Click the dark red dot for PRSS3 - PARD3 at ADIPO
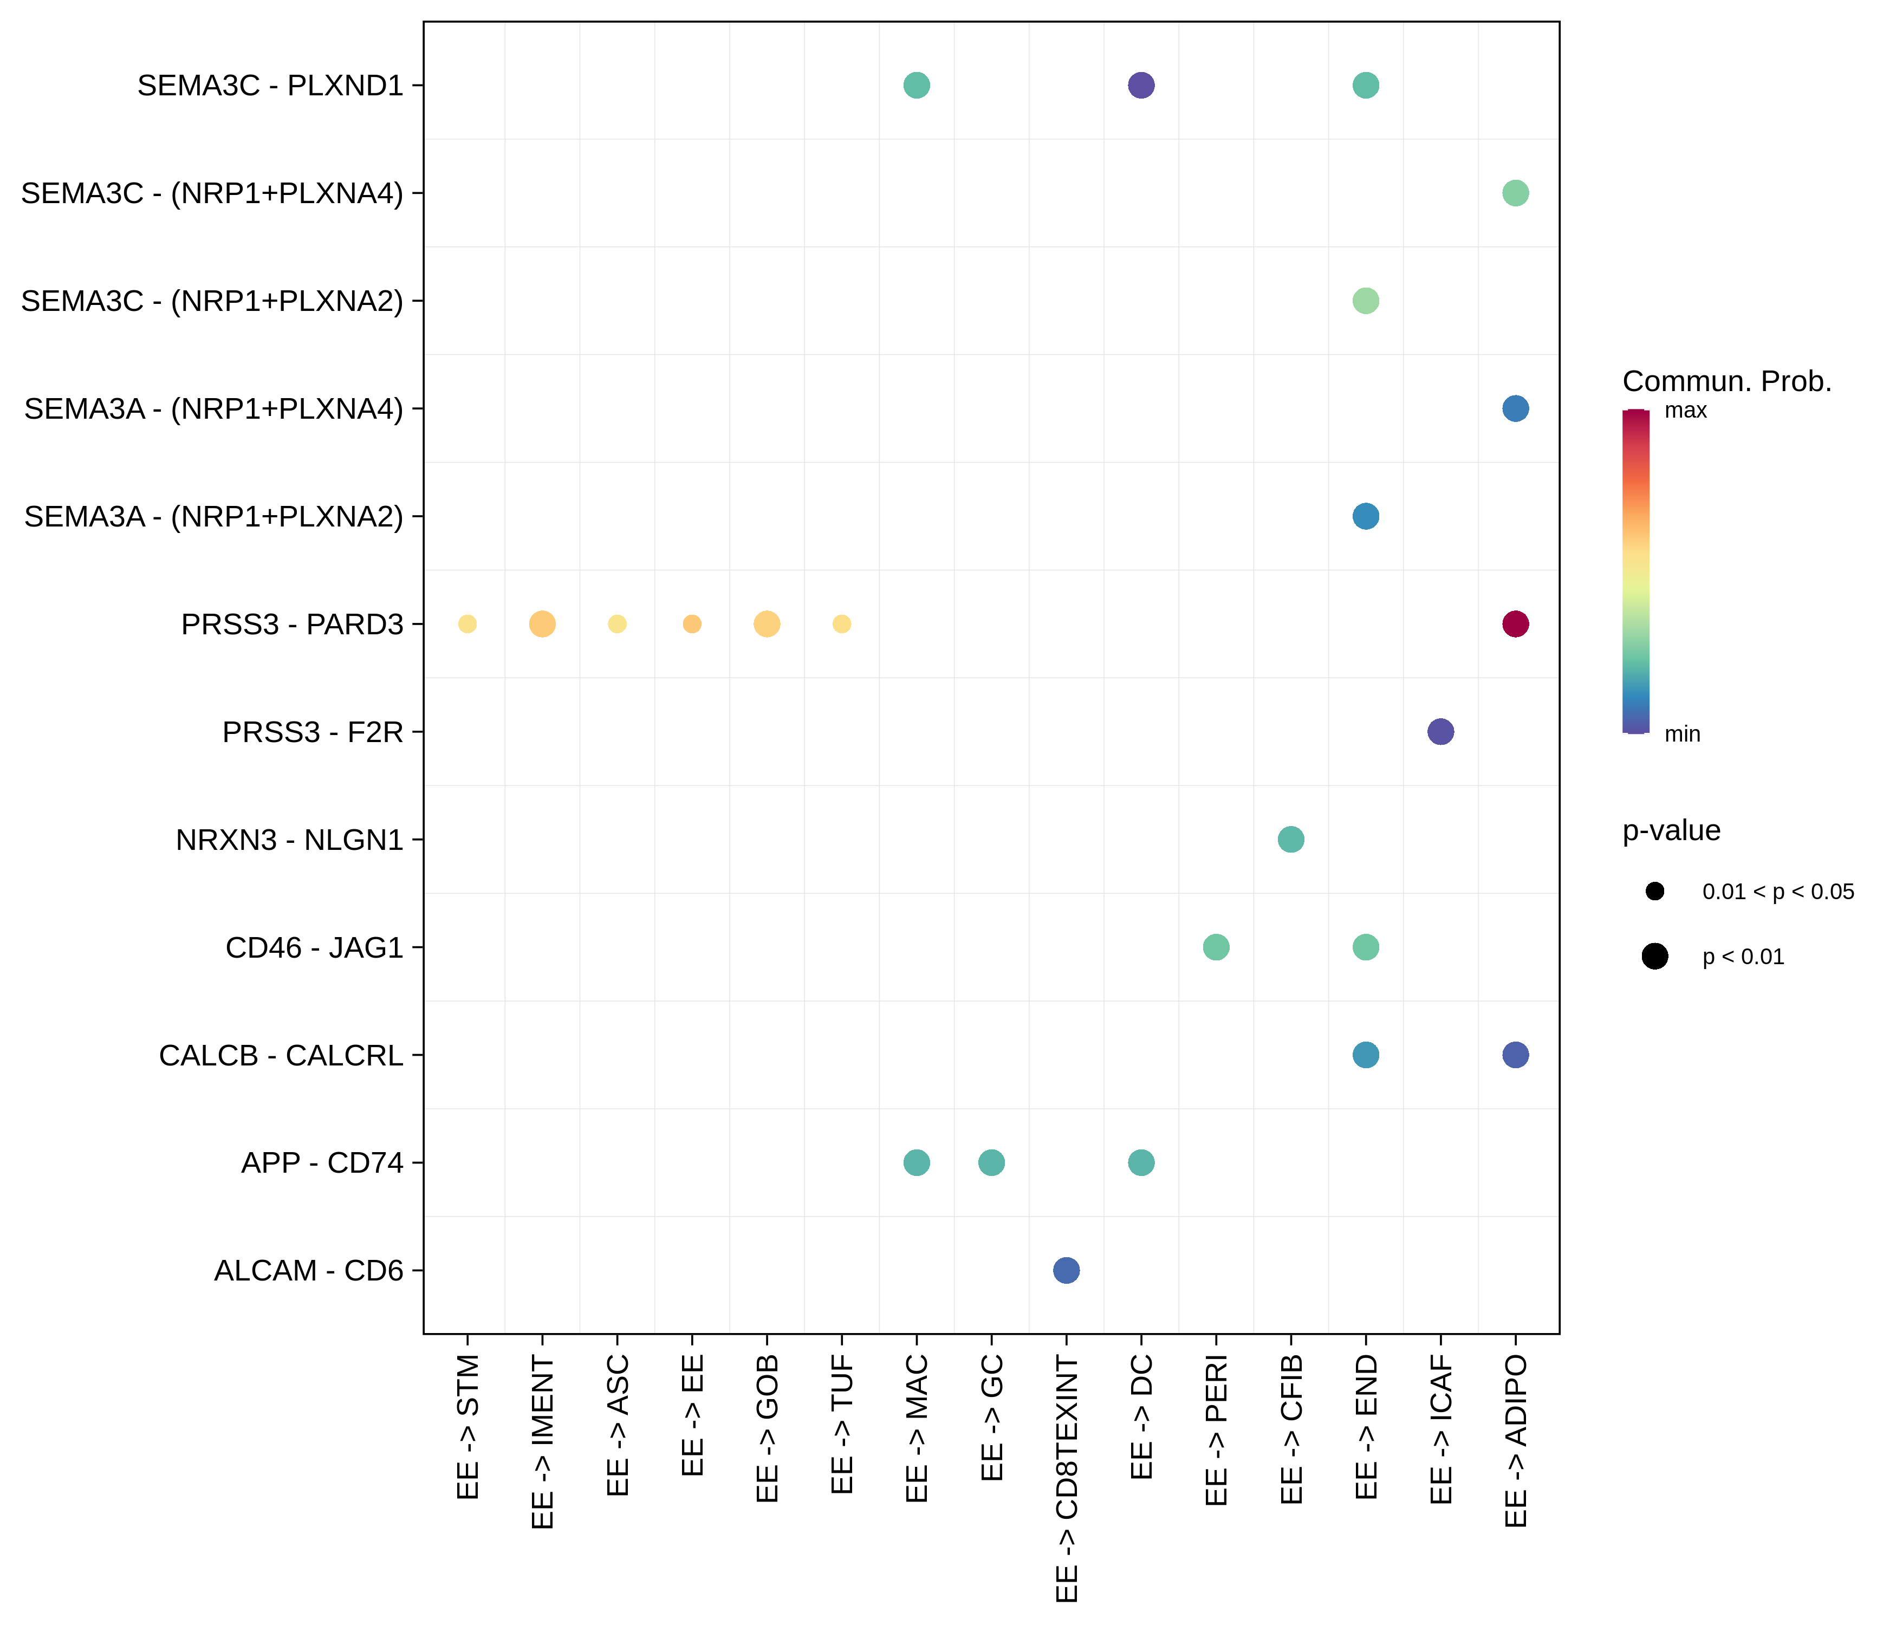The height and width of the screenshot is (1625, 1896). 1515,624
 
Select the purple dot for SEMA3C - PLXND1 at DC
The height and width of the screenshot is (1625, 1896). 1140,85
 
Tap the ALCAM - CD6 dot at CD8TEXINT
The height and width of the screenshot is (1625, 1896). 1066,1270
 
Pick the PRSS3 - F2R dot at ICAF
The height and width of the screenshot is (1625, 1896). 1440,732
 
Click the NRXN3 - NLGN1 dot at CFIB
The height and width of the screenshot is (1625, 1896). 1290,839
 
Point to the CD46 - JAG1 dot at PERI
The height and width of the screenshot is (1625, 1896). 1215,947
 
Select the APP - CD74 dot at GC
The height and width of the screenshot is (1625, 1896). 991,1162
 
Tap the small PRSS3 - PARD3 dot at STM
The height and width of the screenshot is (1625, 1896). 467,624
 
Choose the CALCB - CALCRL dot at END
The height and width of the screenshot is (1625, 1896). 1365,1055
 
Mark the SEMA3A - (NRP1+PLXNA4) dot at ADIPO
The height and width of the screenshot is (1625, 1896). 1515,408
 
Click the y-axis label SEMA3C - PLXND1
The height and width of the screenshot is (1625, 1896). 270,85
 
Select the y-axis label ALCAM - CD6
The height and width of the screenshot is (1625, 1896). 308,1270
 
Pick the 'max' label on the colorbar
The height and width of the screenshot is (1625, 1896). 1685,411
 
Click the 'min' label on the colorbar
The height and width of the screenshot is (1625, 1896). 1682,734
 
